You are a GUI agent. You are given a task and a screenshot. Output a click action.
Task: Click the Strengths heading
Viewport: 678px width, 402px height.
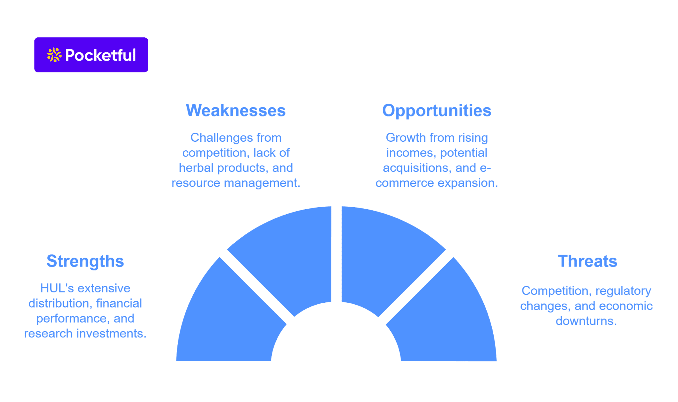click(x=85, y=261)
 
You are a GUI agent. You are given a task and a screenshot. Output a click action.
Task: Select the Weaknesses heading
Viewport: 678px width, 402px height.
click(x=236, y=110)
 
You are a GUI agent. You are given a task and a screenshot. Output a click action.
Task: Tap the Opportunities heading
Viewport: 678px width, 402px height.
click(x=437, y=110)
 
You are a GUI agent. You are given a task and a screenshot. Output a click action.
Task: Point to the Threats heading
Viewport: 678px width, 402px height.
click(x=587, y=261)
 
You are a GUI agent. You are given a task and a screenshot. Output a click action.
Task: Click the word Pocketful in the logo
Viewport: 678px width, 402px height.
click(x=100, y=55)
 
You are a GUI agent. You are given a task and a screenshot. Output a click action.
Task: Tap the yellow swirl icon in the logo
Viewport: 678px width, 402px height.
click(x=54, y=55)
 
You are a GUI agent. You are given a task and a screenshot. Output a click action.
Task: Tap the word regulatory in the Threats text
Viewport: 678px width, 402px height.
click(x=623, y=290)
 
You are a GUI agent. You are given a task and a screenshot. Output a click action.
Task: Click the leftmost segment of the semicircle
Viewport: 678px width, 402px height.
click(x=228, y=318)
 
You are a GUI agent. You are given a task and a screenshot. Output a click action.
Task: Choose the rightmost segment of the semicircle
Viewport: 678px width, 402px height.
click(x=445, y=318)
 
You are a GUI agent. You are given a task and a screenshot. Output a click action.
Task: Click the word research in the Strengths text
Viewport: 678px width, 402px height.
click(x=48, y=333)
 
